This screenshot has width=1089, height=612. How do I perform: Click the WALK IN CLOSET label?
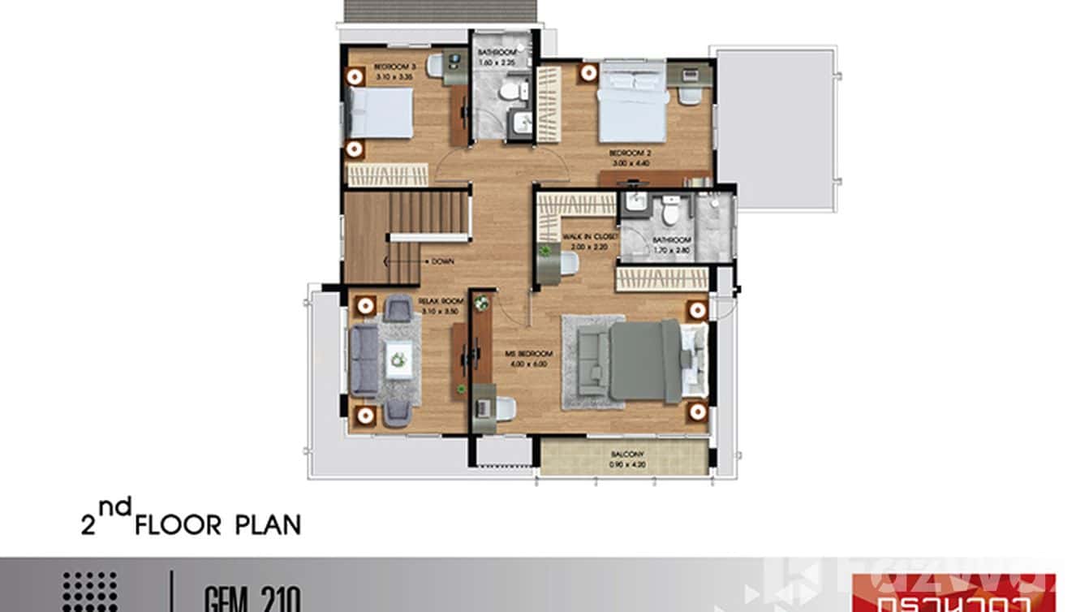pyautogui.click(x=591, y=237)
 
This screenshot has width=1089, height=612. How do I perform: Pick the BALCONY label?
pyautogui.click(x=625, y=455)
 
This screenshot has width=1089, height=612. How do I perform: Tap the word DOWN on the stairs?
pyautogui.click(x=443, y=261)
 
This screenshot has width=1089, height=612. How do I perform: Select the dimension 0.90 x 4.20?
pyautogui.click(x=625, y=465)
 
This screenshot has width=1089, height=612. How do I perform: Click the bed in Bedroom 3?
pyautogui.click(x=380, y=113)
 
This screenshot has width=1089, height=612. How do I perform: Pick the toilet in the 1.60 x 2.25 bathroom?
pyautogui.click(x=509, y=90)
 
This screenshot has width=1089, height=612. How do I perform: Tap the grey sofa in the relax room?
pyautogui.click(x=364, y=360)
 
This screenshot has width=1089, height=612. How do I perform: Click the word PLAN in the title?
pyautogui.click(x=268, y=524)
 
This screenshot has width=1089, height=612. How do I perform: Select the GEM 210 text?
pyautogui.click(x=252, y=601)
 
